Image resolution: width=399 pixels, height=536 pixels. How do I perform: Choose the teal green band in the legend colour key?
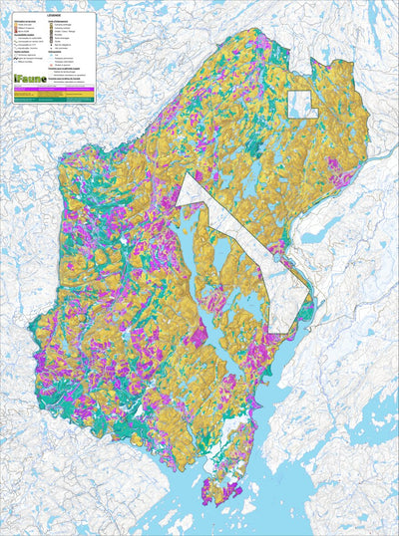[55, 99]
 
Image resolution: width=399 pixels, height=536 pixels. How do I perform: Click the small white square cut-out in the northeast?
[301, 104]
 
